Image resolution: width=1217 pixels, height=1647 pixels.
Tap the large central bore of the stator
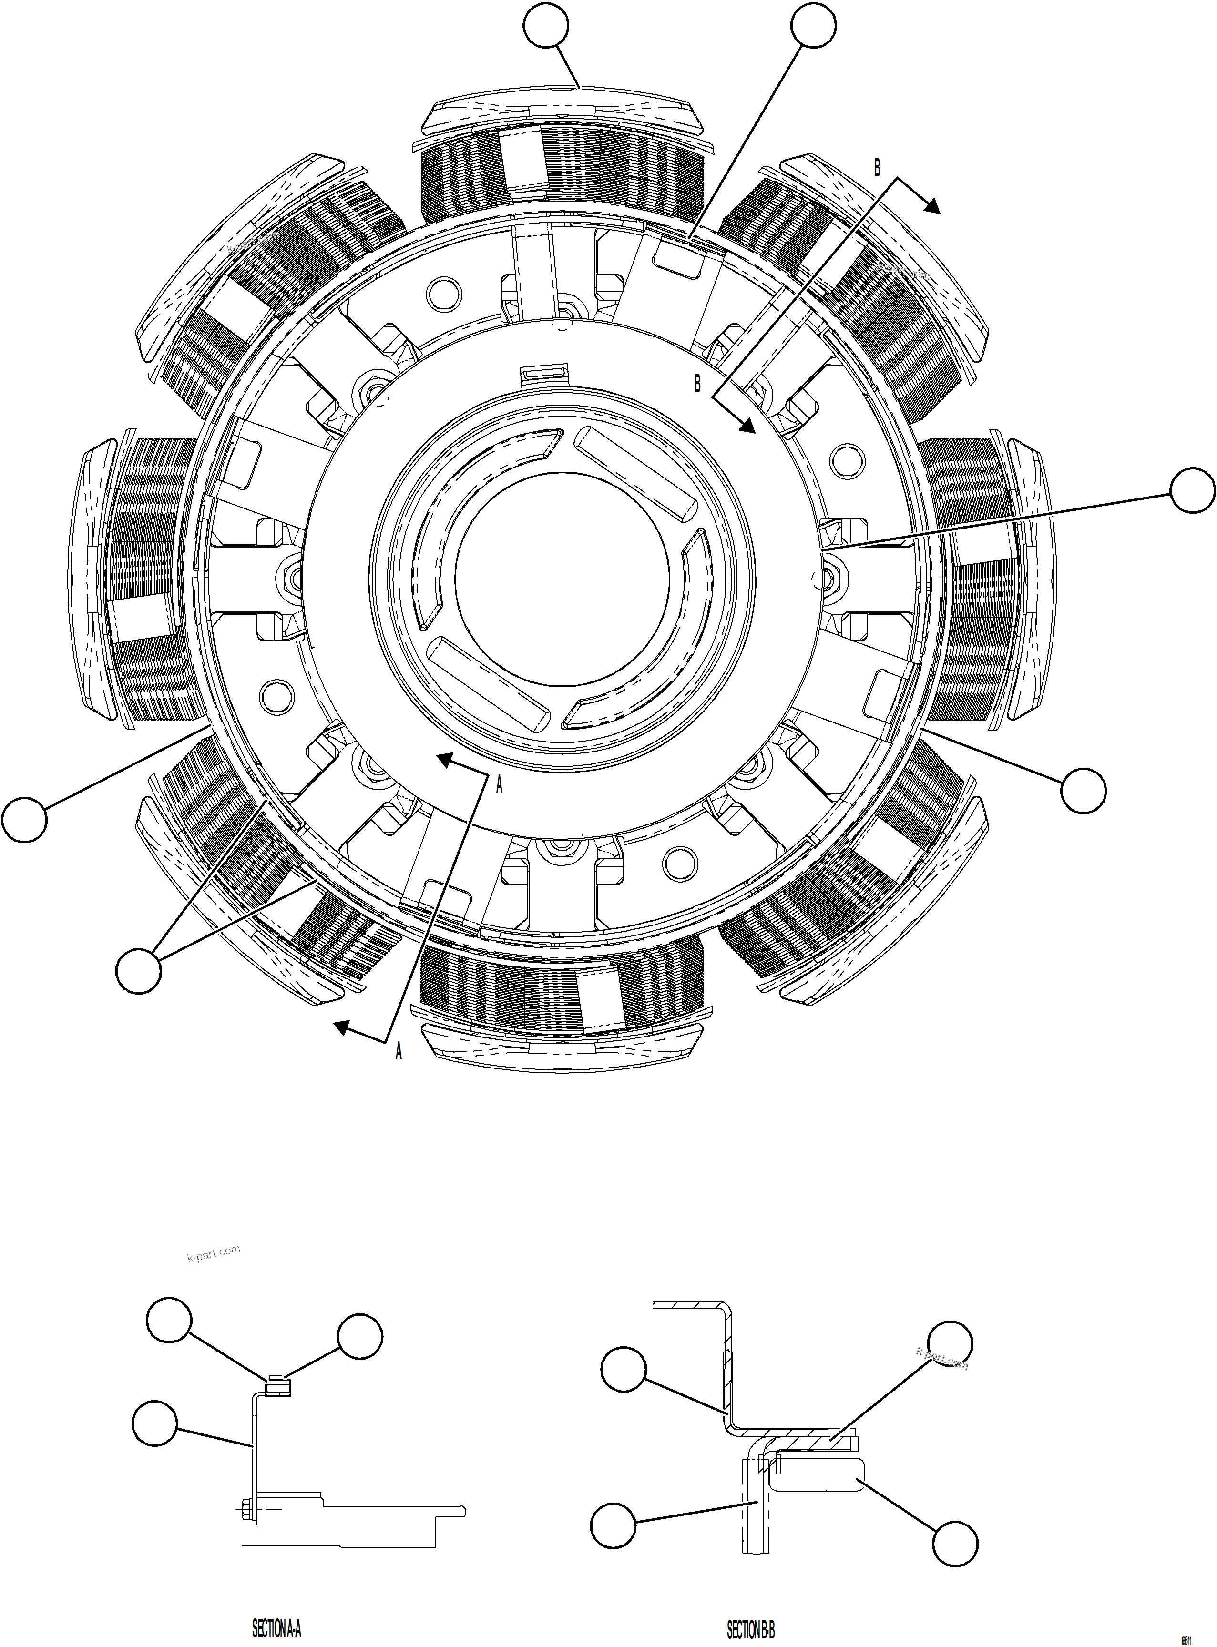pyautogui.click(x=563, y=572)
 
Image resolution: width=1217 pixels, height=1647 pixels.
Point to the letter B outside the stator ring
pyautogui.click(x=877, y=168)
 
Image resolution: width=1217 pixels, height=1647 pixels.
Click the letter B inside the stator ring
pyautogui.click(x=697, y=384)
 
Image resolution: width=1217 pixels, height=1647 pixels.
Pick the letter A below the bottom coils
pyautogui.click(x=399, y=1052)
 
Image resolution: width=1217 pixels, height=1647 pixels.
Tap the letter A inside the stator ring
pyautogui.click(x=499, y=785)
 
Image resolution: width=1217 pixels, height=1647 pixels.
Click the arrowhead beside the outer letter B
pyautogui.click(x=932, y=207)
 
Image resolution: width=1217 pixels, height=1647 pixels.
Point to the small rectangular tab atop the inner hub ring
pyautogui.click(x=545, y=374)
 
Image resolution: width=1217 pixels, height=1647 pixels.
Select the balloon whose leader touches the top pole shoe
pyautogui.click(x=546, y=27)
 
